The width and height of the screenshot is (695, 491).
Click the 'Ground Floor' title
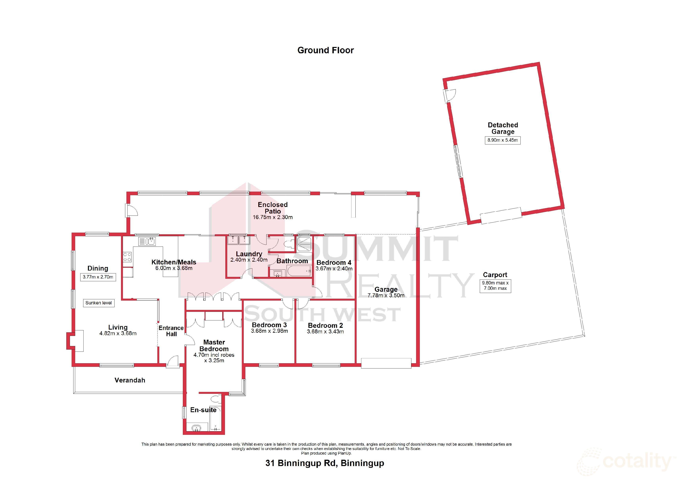tap(325, 50)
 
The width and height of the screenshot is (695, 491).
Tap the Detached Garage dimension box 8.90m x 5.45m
tap(502, 140)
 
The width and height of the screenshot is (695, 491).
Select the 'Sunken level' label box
tap(98, 303)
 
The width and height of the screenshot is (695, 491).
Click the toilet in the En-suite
tap(216, 398)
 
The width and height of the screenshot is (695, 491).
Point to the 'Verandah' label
tap(130, 380)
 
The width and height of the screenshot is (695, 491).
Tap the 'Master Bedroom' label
tap(214, 345)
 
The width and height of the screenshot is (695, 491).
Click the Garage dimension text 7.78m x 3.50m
tap(386, 296)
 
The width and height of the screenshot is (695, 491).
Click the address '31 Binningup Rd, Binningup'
tap(325, 463)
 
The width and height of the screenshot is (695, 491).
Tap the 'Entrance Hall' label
tap(171, 331)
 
